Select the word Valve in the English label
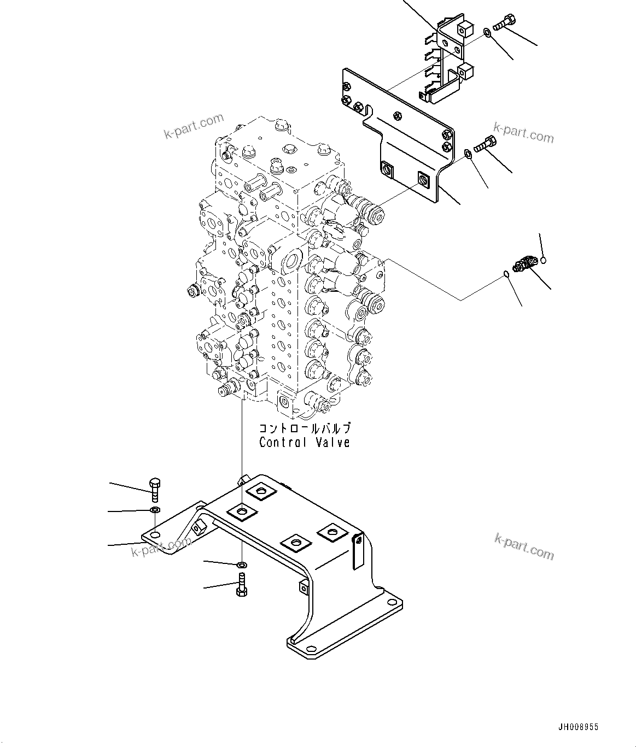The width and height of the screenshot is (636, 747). (x=331, y=442)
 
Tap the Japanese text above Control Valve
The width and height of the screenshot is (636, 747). (x=305, y=429)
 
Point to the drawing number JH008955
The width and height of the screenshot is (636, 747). (x=578, y=727)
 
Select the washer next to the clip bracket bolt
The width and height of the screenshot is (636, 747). (x=487, y=35)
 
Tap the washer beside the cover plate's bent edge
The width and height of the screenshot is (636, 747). (x=468, y=154)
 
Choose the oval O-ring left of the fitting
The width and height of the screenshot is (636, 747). (x=507, y=274)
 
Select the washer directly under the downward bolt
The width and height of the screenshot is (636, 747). (x=155, y=510)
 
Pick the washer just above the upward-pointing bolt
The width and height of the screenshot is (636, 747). (x=242, y=563)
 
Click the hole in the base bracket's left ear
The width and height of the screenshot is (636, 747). (x=155, y=535)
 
